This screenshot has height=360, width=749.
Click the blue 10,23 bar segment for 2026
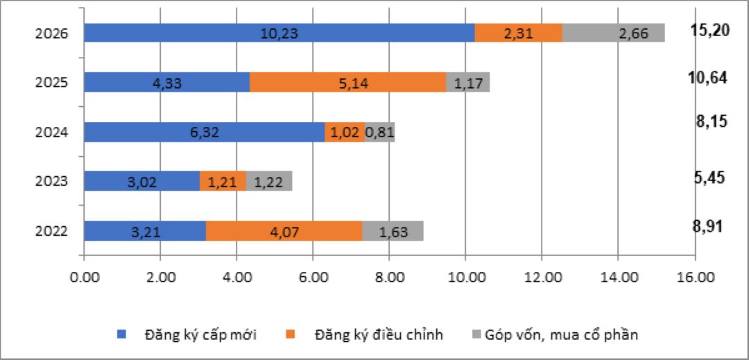point(279,33)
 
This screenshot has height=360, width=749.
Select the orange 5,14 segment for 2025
point(347,83)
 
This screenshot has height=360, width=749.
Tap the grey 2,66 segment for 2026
point(613,33)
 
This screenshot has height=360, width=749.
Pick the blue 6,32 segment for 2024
point(205,132)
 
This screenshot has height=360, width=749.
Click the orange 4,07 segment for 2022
point(284,232)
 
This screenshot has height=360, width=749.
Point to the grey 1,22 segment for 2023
point(268,182)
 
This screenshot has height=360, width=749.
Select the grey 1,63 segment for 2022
point(393,232)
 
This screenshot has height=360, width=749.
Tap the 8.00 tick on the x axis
point(389,279)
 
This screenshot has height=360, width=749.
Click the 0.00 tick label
point(85,279)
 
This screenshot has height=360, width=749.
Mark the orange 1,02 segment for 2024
point(345,132)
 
